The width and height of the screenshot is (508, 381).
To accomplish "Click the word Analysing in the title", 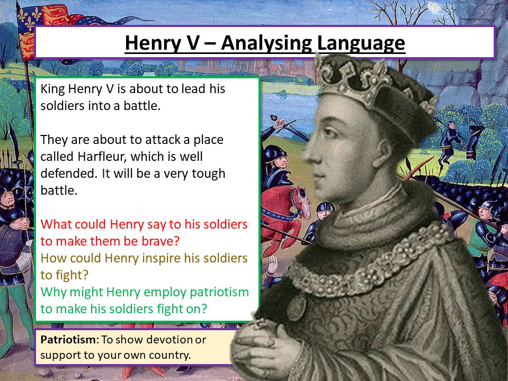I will coord(266,43).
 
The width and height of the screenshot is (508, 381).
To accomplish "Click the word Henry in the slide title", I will coord(153,43).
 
